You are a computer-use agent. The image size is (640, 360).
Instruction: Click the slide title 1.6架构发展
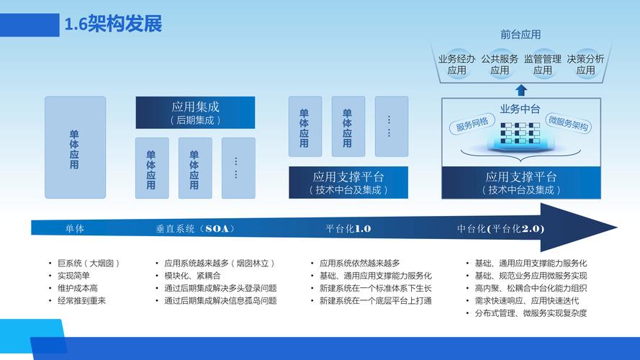pos(113,24)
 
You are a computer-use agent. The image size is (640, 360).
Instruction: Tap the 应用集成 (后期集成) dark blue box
pos(195,112)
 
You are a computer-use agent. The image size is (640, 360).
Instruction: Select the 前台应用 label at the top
pos(520,35)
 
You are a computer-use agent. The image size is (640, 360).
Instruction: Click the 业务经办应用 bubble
pos(456,65)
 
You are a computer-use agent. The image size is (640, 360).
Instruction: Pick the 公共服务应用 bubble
pos(500,65)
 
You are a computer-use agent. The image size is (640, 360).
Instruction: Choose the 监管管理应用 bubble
pos(542,65)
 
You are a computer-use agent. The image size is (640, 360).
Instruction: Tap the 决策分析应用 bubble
pos(585,65)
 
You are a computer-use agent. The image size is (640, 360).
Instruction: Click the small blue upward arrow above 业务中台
pos(520,90)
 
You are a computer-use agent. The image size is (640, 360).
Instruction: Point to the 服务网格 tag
pos(472,124)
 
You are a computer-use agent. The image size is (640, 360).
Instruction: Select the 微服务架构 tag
pos(569,123)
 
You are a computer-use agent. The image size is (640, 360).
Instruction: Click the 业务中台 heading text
pos(520,109)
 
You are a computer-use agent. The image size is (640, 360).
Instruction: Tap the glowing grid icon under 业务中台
pos(520,135)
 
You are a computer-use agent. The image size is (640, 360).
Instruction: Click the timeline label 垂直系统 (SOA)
pos(195,228)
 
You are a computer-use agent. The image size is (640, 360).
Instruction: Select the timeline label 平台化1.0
pos(348,228)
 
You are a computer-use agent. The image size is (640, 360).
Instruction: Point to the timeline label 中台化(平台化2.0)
pos(501,228)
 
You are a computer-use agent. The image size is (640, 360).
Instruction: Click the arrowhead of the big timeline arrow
pos(579,228)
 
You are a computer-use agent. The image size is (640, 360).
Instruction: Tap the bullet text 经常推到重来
pos(81,301)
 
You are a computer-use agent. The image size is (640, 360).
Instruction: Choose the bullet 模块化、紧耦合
pos(192,276)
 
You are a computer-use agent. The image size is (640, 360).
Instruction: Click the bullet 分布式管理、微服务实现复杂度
pos(531,313)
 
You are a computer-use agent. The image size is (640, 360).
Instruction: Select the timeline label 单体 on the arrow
pos(75,228)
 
